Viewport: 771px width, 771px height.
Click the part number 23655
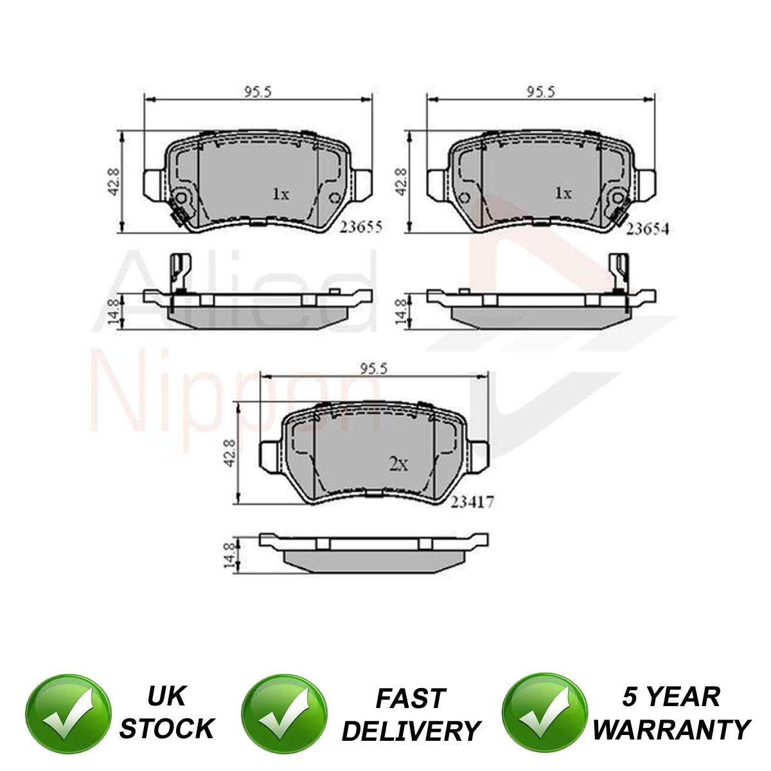(x=361, y=227)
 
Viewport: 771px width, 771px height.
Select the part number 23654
(x=648, y=229)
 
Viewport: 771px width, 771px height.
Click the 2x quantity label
(x=398, y=464)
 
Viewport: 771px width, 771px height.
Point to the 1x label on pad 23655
(x=281, y=194)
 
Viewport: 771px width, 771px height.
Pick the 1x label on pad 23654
(x=563, y=193)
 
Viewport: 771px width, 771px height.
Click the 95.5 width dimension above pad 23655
(x=258, y=92)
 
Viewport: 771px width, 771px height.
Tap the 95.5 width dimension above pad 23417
(x=374, y=368)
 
